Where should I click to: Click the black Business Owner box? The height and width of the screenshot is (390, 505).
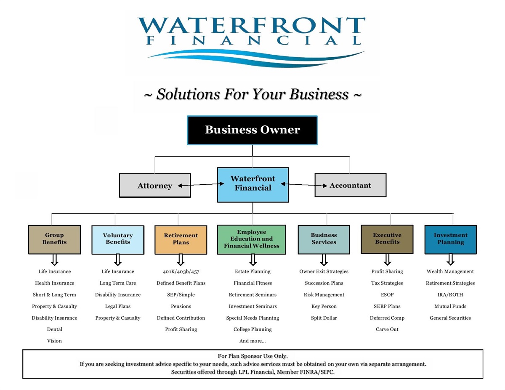click(252, 130)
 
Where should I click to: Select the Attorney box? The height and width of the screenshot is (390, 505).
click(155, 186)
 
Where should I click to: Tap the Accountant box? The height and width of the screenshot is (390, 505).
click(350, 185)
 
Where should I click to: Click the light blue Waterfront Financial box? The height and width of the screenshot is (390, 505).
click(253, 184)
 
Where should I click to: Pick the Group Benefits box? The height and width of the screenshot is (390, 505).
click(54, 239)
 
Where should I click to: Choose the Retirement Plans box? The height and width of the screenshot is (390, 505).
click(181, 239)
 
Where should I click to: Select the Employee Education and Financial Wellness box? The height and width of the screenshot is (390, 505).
click(252, 239)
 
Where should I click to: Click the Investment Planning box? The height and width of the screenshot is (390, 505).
click(450, 239)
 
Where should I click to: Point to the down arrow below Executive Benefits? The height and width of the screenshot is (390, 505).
click(387, 259)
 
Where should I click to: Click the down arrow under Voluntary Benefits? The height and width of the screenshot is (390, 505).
click(118, 260)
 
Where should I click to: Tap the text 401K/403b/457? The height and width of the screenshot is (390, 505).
click(181, 271)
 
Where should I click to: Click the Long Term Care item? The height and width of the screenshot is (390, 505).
click(118, 283)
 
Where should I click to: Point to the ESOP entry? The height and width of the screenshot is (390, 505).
click(387, 294)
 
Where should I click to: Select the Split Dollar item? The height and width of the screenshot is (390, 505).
click(324, 318)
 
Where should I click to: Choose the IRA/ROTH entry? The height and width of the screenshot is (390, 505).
click(450, 294)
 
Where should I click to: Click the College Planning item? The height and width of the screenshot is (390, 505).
click(252, 329)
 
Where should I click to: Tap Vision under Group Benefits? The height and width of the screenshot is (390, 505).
click(54, 341)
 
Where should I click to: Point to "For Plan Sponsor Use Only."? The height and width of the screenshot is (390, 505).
click(252, 356)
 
